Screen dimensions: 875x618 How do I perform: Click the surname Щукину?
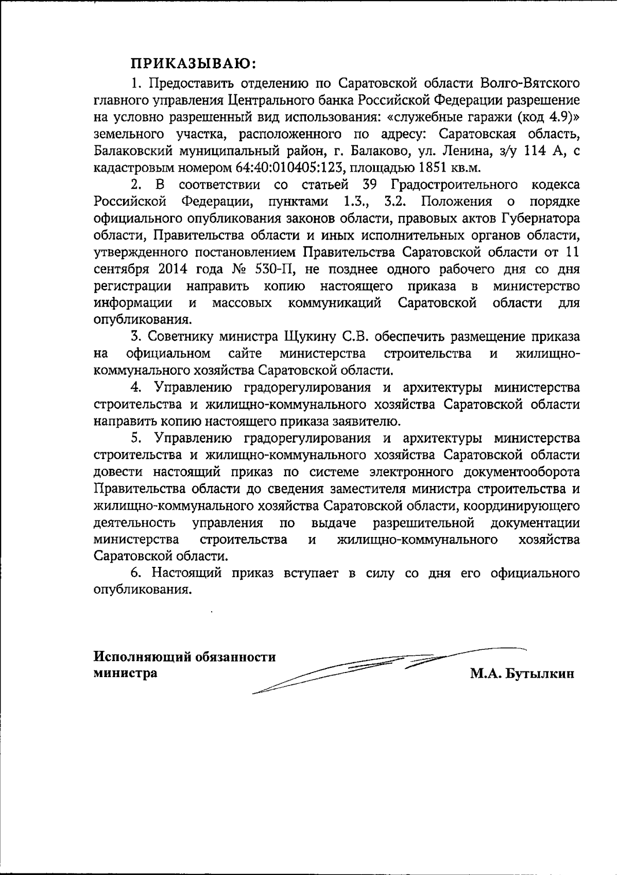click(311, 337)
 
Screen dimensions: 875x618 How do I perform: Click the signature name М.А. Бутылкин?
click(522, 674)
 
